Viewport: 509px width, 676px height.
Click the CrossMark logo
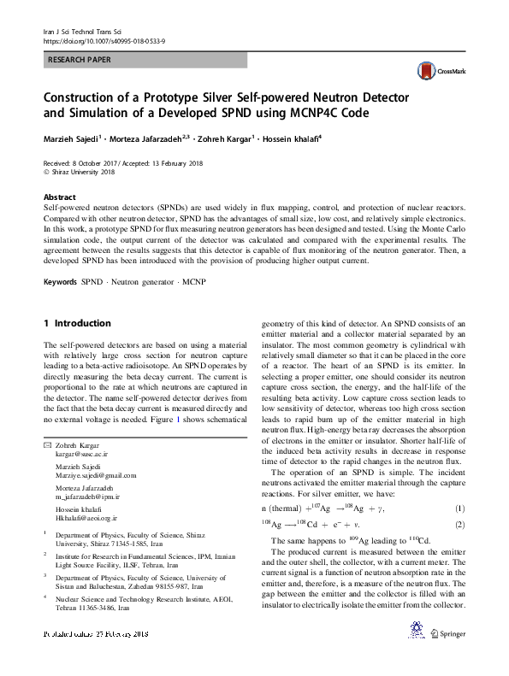pyautogui.click(x=434, y=72)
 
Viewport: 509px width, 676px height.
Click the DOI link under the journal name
pyautogui.click(x=104, y=40)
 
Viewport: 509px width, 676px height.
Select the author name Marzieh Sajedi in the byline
pyautogui.click(x=75, y=137)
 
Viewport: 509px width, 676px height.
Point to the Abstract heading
pyautogui.click(x=59, y=197)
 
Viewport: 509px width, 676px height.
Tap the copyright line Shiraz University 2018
pyautogui.click(x=81, y=172)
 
